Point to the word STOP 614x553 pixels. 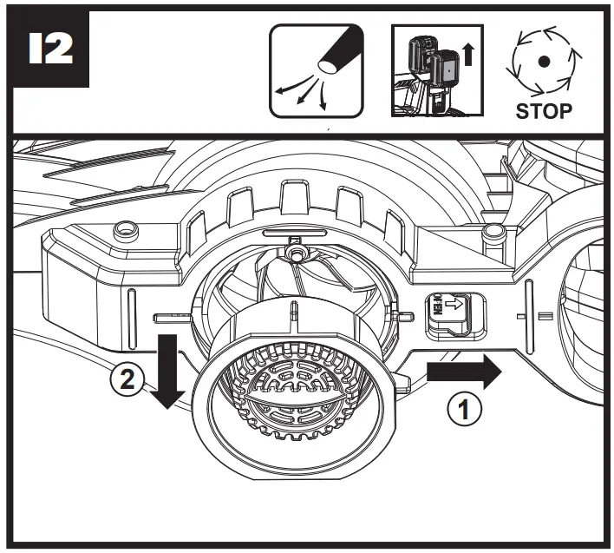(543, 111)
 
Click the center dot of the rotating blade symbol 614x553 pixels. (543, 61)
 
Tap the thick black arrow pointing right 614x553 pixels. (462, 372)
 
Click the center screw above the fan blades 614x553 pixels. (297, 252)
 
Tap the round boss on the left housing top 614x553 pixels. (126, 229)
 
